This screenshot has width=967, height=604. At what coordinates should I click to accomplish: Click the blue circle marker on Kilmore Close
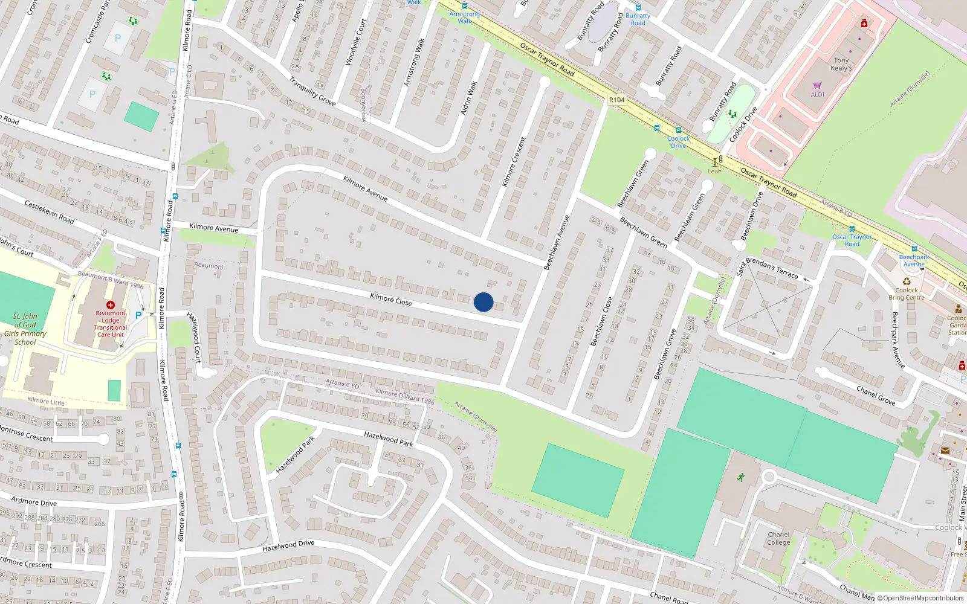[483, 302]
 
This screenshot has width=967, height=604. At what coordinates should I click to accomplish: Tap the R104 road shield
[616, 100]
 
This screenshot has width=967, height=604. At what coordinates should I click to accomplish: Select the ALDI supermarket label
[817, 94]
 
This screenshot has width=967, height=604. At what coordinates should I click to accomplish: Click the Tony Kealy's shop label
[841, 64]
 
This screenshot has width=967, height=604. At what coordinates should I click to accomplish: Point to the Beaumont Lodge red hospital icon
[111, 305]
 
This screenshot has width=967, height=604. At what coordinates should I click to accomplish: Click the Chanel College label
[778, 538]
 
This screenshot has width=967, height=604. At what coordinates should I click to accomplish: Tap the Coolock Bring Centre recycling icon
[907, 281]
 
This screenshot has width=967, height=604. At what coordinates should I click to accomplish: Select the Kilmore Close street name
[391, 299]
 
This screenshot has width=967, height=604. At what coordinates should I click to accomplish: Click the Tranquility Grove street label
[312, 92]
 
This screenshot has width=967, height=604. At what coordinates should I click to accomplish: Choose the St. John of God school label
[25, 329]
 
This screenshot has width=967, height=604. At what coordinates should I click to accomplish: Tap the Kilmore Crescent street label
[514, 161]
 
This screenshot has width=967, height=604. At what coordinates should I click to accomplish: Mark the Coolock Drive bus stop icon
[679, 130]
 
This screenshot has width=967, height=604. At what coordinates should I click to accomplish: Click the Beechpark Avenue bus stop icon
[914, 249]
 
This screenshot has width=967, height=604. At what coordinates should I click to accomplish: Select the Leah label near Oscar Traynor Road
[715, 171]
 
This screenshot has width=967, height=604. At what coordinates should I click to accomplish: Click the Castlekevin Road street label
[50, 212]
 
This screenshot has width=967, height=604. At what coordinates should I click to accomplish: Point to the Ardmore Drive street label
[34, 501]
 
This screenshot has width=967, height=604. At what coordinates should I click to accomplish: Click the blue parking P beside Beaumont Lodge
[138, 315]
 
